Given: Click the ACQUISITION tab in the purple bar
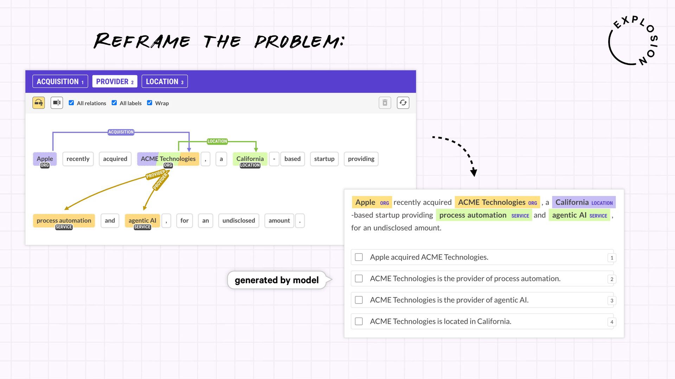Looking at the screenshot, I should (x=60, y=81).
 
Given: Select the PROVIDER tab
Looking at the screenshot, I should (x=115, y=81).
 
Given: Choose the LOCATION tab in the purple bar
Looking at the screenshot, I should (x=165, y=81).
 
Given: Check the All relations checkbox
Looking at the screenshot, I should (x=71, y=103).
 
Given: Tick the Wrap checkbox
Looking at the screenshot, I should (x=150, y=103).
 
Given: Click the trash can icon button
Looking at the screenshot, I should (x=385, y=103).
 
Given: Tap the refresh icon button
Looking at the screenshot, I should (x=403, y=103).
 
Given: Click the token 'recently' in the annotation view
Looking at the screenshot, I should (x=78, y=159).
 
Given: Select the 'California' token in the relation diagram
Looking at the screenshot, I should (x=250, y=159).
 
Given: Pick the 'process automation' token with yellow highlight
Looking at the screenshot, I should (x=64, y=221).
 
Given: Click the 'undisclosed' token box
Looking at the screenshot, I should (x=239, y=221).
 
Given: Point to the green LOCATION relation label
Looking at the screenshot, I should (x=217, y=141).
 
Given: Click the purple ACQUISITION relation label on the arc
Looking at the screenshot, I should (x=121, y=132).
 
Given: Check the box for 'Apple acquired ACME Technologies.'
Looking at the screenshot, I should (x=359, y=257).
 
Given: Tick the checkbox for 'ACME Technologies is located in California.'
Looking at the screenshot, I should (x=359, y=321).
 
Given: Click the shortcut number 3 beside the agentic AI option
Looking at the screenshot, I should (x=612, y=301).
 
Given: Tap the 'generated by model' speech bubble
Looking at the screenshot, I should (x=277, y=280).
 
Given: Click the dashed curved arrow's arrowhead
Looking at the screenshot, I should (x=474, y=172).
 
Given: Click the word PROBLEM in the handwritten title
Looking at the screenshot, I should (x=299, y=42).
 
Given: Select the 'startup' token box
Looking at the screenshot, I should (x=324, y=159).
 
